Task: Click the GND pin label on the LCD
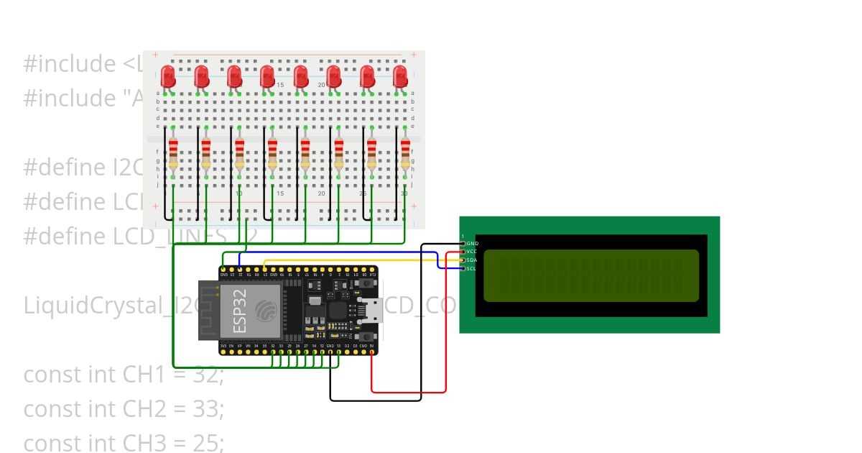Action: click(472, 244)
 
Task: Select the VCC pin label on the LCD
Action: click(472, 252)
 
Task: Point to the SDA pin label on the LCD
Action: click(472, 260)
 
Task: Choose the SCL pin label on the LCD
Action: click(471, 269)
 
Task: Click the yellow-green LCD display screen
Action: click(590, 275)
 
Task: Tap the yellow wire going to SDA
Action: click(359, 260)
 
